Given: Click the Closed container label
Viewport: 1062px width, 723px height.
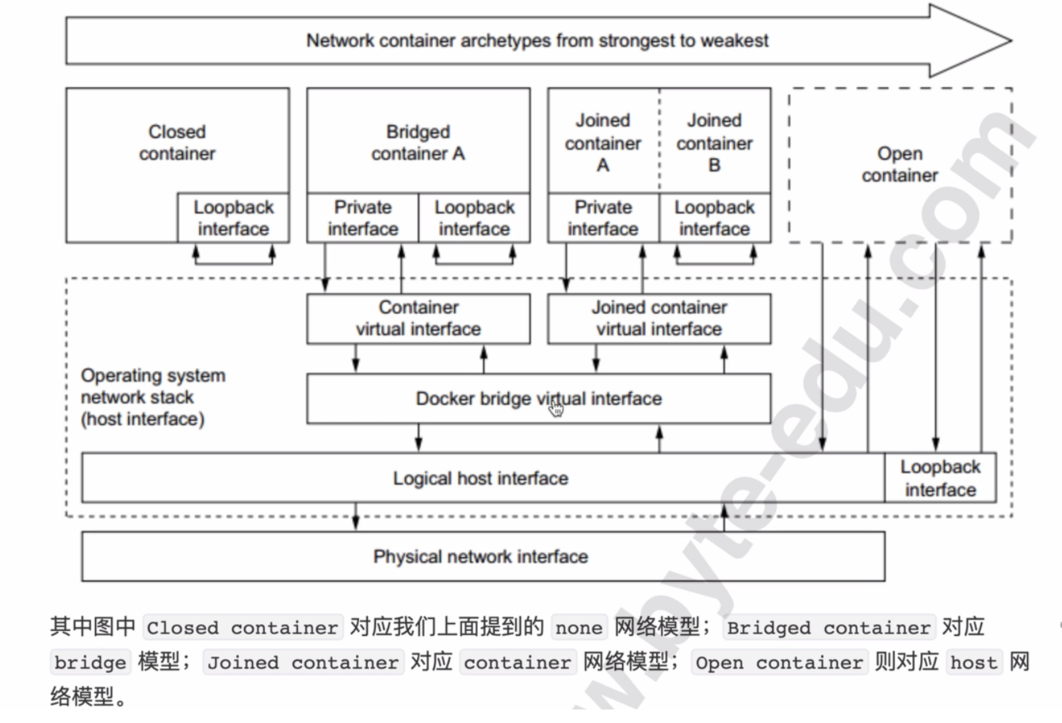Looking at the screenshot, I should click(x=177, y=143).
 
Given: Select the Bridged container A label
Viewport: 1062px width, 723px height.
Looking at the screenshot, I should click(x=418, y=143).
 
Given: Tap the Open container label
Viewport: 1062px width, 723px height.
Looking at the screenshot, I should click(x=900, y=164).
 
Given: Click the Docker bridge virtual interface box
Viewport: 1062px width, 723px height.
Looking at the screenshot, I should click(x=538, y=399).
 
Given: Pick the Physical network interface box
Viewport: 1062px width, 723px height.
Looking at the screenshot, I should click(x=482, y=557).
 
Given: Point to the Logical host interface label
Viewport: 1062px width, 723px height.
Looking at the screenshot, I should click(x=480, y=478).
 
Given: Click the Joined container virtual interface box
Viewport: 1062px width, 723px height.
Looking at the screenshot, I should click(x=659, y=319).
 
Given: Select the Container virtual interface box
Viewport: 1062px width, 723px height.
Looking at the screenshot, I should click(x=418, y=319).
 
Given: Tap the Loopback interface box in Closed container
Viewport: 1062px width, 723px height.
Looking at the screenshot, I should click(x=233, y=218).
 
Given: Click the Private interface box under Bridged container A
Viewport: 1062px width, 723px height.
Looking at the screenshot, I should click(x=362, y=218).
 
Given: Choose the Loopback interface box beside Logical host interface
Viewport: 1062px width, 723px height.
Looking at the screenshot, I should click(x=940, y=478).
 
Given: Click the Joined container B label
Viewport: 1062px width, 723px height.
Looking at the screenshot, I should click(x=714, y=143).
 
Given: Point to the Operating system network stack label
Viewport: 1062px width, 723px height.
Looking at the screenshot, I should click(x=152, y=397).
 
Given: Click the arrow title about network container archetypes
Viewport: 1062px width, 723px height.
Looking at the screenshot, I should click(x=537, y=40).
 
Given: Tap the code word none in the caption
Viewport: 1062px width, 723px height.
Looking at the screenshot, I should click(x=579, y=628).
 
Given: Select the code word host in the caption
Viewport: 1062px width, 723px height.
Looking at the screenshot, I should click(x=974, y=662).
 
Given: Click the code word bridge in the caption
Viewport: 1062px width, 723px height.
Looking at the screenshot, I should click(x=90, y=662).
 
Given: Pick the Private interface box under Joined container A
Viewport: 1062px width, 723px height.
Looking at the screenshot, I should click(x=602, y=218).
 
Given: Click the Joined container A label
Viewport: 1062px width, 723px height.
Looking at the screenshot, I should click(x=602, y=143).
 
